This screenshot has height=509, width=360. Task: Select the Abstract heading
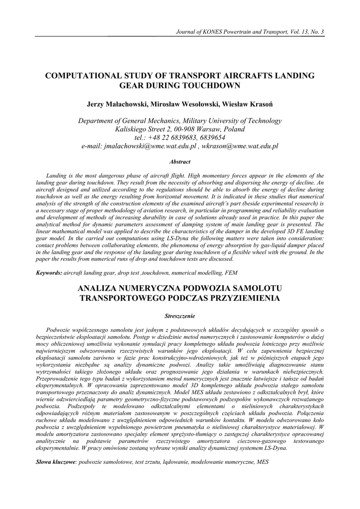(180, 162)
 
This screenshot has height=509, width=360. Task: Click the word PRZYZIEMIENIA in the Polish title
(238, 298)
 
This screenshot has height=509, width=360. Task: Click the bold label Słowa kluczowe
(56, 462)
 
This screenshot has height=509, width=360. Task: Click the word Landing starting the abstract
(56, 175)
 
